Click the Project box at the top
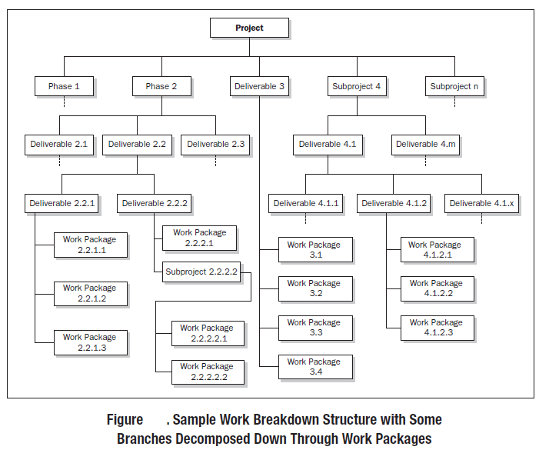(x=249, y=28)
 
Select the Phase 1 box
(x=64, y=86)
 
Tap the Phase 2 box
(x=161, y=86)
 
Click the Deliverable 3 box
(x=259, y=86)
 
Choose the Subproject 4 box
(x=356, y=86)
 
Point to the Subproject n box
(x=454, y=86)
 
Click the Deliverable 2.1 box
(x=59, y=144)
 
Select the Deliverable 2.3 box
(x=215, y=144)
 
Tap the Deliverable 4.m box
(x=426, y=144)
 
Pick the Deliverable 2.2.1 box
(x=62, y=203)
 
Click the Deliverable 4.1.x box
(x=481, y=203)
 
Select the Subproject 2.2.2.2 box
(x=201, y=272)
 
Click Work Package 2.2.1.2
(x=90, y=293)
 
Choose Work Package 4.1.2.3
(x=436, y=328)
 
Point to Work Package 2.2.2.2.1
(x=207, y=333)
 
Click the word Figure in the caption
(x=125, y=420)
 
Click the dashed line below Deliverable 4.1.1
(x=306, y=219)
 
